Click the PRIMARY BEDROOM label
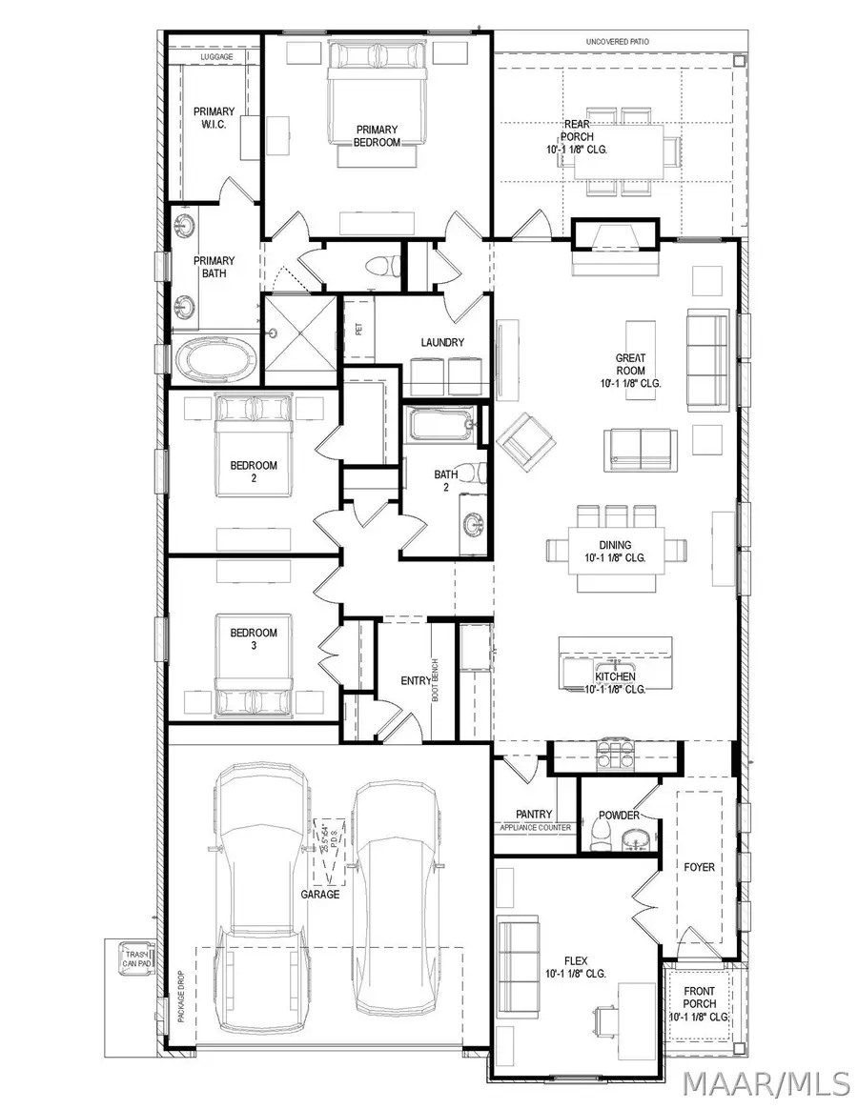(x=378, y=136)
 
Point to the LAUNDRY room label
(x=442, y=342)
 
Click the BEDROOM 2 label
(x=254, y=472)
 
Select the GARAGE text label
(x=320, y=895)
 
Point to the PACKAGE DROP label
(x=180, y=996)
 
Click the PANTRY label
(x=534, y=814)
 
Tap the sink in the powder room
(x=634, y=839)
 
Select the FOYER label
(x=699, y=867)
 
